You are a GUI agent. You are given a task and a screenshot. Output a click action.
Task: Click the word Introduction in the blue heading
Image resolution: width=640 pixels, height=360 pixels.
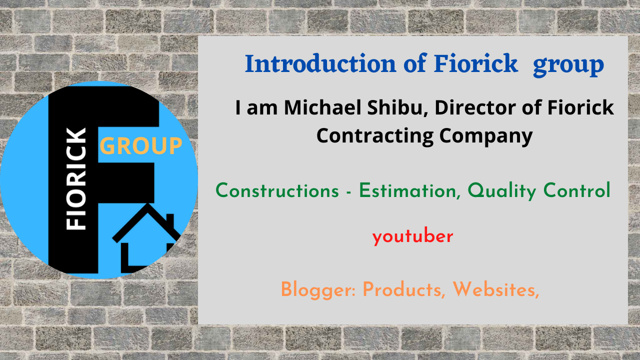(320, 63)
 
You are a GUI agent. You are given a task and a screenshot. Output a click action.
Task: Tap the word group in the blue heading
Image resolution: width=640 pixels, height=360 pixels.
(568, 65)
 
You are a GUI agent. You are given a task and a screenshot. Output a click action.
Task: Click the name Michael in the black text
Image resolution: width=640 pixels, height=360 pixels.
(323, 107)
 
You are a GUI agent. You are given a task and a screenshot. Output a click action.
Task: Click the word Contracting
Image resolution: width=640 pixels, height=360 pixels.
(375, 135)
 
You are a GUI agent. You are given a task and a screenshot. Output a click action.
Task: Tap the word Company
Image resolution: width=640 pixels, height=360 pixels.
(486, 136)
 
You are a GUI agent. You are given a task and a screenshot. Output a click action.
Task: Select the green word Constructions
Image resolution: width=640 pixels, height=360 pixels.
(277, 190)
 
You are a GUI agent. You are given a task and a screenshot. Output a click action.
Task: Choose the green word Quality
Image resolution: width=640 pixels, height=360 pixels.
(501, 191)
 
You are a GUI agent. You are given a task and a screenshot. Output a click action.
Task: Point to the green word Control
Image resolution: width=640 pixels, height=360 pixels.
(576, 190)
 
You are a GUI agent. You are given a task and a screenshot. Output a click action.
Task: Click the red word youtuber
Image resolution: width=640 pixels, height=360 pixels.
(413, 236)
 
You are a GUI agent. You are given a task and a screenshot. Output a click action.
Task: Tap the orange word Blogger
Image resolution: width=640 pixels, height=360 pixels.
(318, 290)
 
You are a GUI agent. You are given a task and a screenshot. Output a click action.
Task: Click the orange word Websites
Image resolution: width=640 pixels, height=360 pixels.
(495, 289)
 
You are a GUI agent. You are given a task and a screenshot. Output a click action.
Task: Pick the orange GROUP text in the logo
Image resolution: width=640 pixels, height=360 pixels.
(141, 145)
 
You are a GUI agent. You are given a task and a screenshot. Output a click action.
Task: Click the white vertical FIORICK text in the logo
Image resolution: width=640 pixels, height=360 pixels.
(75, 179)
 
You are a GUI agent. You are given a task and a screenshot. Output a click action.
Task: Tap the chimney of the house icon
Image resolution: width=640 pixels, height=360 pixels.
(170, 220)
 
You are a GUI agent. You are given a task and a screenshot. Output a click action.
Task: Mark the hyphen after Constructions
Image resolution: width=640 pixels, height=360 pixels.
(348, 191)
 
